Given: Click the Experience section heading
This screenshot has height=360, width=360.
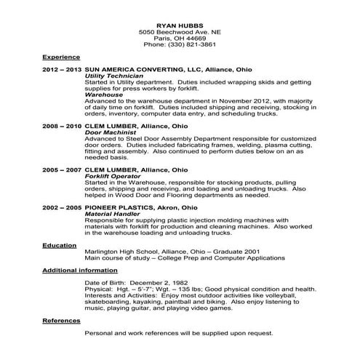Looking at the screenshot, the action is (60, 56).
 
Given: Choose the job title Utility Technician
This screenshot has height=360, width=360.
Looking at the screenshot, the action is (114, 76).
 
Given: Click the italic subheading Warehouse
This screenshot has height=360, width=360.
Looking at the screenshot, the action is (104, 95).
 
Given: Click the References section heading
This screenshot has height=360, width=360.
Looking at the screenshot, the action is (60, 320).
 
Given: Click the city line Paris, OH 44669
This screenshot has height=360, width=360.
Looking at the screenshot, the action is (180, 38).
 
